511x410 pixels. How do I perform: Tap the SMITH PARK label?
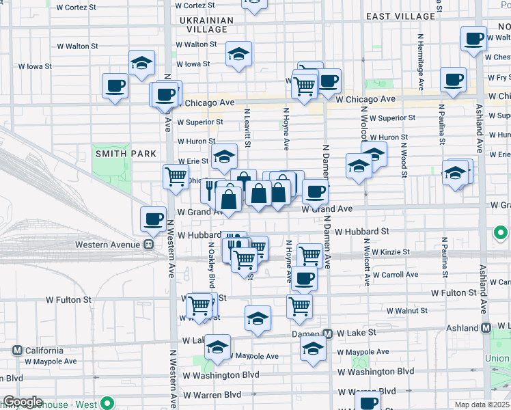(126, 154)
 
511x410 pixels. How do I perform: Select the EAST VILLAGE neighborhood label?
(400, 16)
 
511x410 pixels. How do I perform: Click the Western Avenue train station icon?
(148, 245)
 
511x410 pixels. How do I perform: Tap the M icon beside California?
(17, 351)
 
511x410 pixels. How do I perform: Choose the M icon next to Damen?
(328, 333)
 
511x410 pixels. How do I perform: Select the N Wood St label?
(404, 156)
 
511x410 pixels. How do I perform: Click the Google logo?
(23, 402)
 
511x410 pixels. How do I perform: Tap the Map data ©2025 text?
(482, 405)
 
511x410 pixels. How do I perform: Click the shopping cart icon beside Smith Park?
(176, 176)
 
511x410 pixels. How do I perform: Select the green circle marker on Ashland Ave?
(501, 236)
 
